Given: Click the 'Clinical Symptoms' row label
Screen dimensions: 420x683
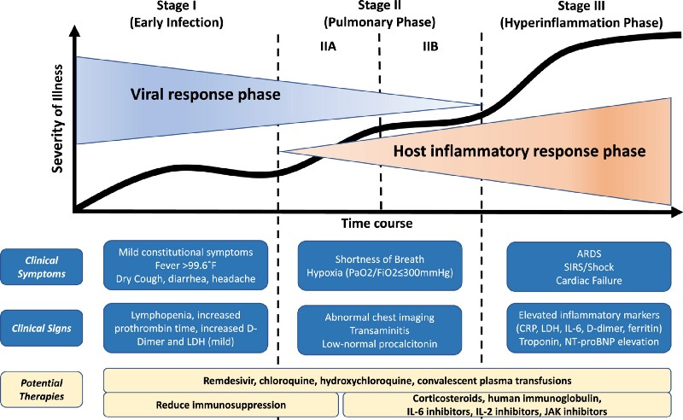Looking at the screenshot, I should coord(48,264).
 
